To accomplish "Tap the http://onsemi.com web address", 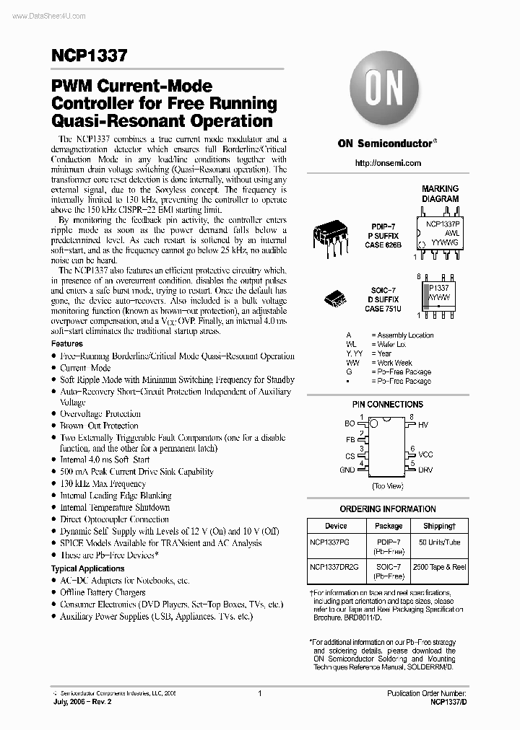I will pyautogui.click(x=389, y=164).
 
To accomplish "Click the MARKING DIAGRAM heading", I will pyautogui.click(x=440, y=194).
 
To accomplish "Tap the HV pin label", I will pyautogui.click(x=423, y=426).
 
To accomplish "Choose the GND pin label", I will pyautogui.click(x=347, y=470).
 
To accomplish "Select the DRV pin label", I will pyautogui.click(x=425, y=470).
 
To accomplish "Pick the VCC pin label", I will pyautogui.click(x=425, y=454).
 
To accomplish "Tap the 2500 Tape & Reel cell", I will pyautogui.click(x=439, y=567).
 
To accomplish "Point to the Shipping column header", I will pyautogui.click(x=439, y=526).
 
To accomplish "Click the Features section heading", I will pyautogui.click(x=66, y=344).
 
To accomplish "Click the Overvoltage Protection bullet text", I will pyautogui.click(x=100, y=414).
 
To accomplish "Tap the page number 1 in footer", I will pyautogui.click(x=259, y=693).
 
